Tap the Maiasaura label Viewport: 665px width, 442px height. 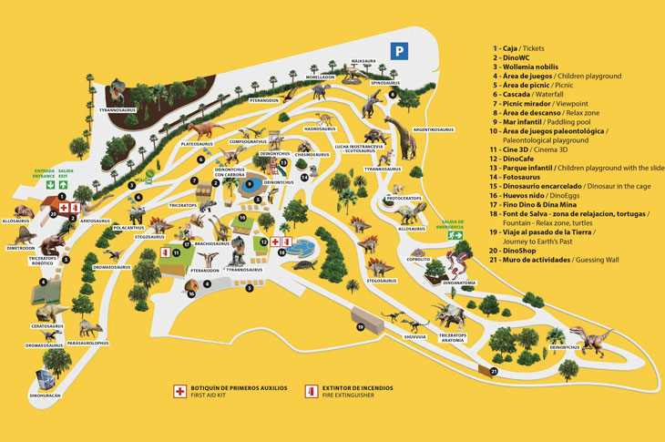click(364, 63)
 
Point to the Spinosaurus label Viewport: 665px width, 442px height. click(385, 83)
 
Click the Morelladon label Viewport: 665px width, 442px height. click(320, 77)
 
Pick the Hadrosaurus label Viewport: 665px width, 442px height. click(321, 129)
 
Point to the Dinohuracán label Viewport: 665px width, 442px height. click(46, 396)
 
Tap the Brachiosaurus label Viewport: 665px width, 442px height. click(211, 243)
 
